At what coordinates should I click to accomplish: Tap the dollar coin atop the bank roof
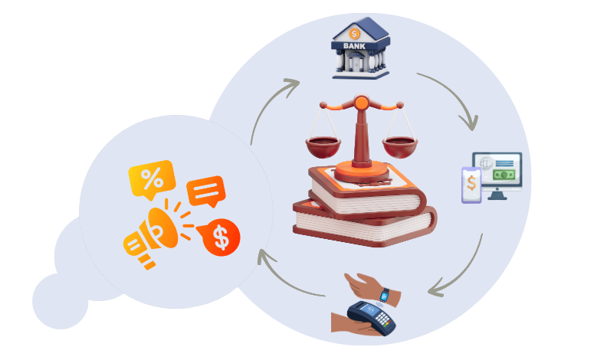click(354, 33)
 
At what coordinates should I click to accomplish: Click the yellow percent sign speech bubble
click(151, 179)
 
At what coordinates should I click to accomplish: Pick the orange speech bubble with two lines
click(205, 191)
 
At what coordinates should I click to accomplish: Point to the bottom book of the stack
click(360, 225)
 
